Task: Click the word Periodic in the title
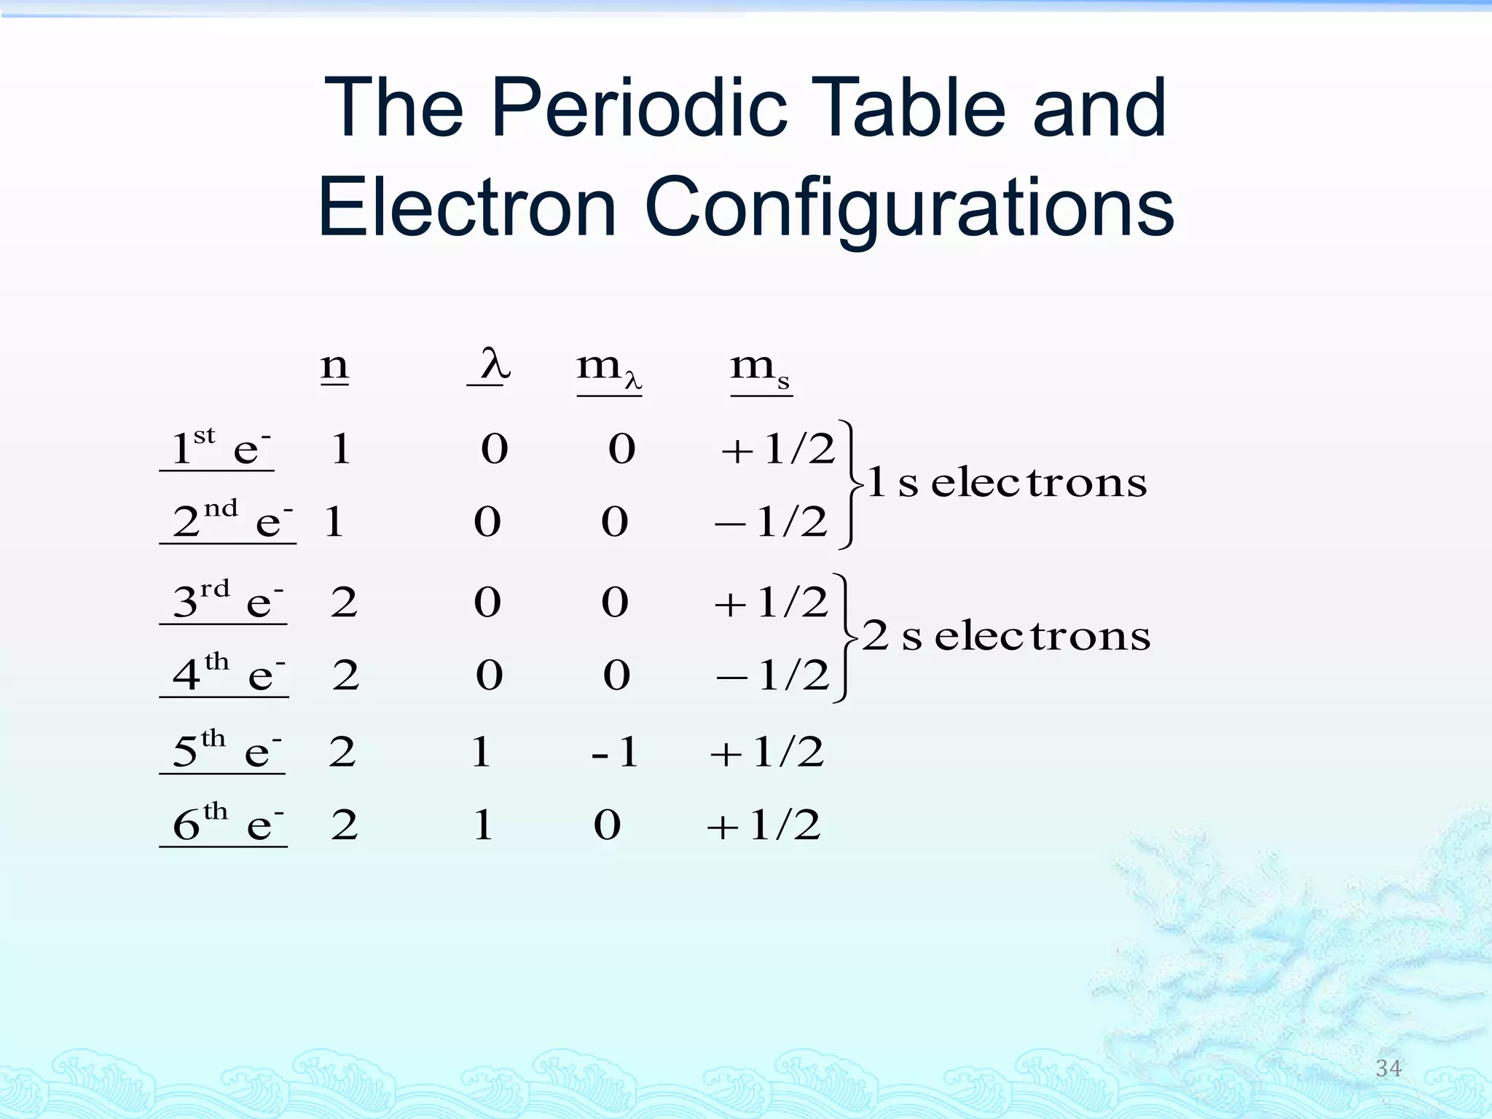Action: pyautogui.click(x=639, y=109)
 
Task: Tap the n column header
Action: pyautogui.click(x=334, y=366)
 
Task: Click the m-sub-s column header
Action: pyautogui.click(x=760, y=369)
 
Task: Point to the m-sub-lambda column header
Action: pyautogui.click(x=608, y=369)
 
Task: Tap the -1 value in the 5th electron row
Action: pyautogui.click(x=616, y=751)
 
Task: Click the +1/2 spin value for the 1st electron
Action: pyautogui.click(x=777, y=449)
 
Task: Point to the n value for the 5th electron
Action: pyautogui.click(x=342, y=751)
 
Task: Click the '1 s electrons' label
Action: pyautogui.click(x=1007, y=482)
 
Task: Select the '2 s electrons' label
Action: pyautogui.click(x=1005, y=635)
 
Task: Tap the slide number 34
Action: pyautogui.click(x=1388, y=1068)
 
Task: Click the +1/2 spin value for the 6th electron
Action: pyautogui.click(x=764, y=825)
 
